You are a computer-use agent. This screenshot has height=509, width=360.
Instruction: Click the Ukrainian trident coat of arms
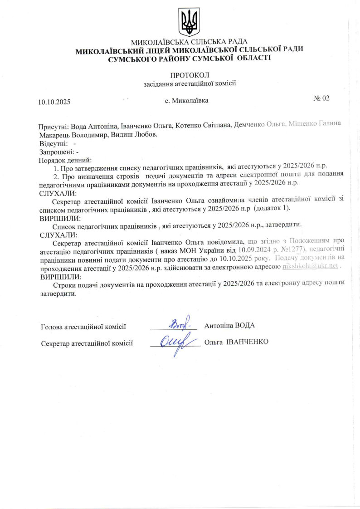click(x=190, y=22)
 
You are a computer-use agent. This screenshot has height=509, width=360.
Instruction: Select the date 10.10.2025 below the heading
click(x=54, y=102)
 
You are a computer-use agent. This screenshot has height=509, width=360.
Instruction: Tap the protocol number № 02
click(x=321, y=98)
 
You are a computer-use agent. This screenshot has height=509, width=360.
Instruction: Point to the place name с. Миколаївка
click(x=187, y=100)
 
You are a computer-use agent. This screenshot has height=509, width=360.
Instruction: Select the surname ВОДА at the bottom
click(x=245, y=326)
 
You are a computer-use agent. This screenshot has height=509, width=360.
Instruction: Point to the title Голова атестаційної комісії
click(x=83, y=326)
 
